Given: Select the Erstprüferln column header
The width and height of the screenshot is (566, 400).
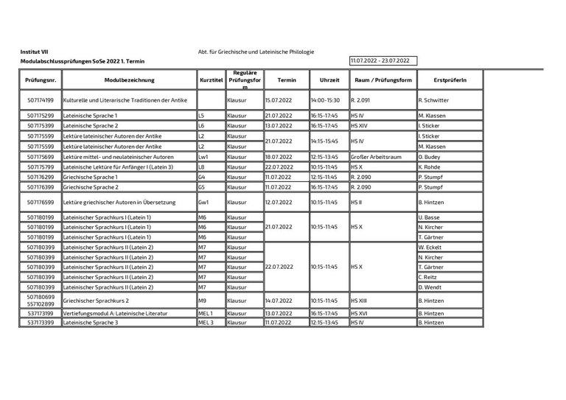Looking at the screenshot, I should tap(450, 80).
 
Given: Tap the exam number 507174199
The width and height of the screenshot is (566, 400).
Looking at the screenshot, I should tap(40, 99).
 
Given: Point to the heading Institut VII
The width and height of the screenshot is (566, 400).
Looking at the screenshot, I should tap(34, 52).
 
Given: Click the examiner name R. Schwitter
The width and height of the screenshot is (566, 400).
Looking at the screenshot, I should tap(433, 99).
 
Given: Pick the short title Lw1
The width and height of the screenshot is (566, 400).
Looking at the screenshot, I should tap(204, 157).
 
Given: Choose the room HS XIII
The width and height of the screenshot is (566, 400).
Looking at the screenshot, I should tap(360, 301).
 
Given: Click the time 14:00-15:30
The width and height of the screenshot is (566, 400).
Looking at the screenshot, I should tap(325, 99).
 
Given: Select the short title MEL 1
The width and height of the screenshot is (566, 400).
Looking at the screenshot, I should tap(206, 313).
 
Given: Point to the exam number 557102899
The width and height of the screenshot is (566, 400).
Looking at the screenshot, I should tap(40, 303).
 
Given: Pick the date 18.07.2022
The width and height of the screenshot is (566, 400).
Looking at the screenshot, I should tap(280, 157).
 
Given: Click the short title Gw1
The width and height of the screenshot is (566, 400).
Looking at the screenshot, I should tap(204, 202).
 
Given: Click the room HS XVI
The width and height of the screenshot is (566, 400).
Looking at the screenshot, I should tap(360, 313).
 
